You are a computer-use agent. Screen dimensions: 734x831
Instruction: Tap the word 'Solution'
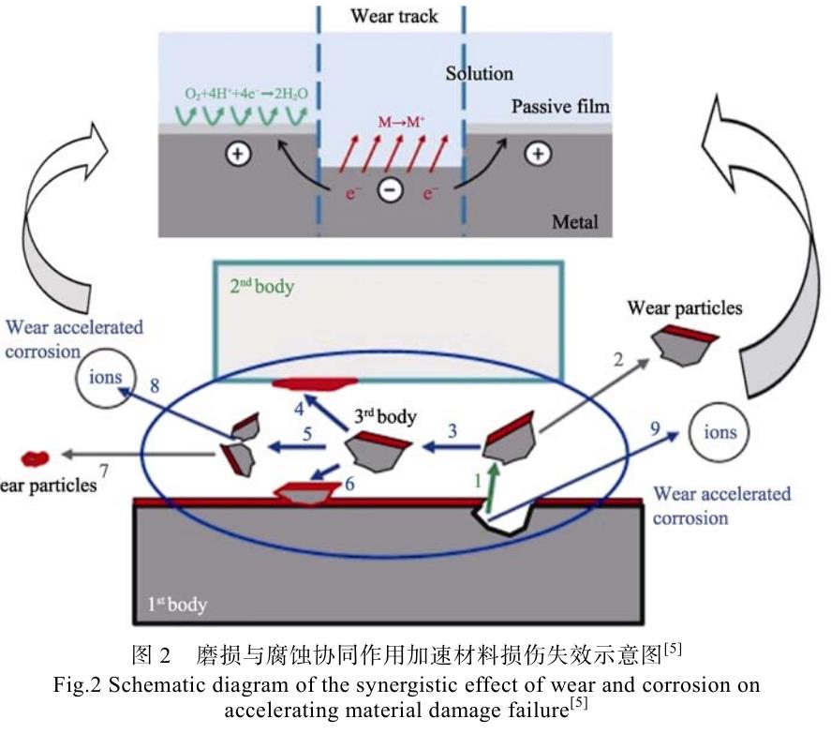tap(479, 72)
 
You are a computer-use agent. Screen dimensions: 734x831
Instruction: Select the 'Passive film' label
tap(560, 107)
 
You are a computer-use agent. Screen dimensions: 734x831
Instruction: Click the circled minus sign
tap(391, 190)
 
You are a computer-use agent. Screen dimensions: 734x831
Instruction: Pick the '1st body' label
tap(178, 605)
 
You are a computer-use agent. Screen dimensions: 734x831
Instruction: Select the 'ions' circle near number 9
tap(720, 432)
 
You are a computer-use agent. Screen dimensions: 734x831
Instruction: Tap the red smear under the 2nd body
tap(315, 382)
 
